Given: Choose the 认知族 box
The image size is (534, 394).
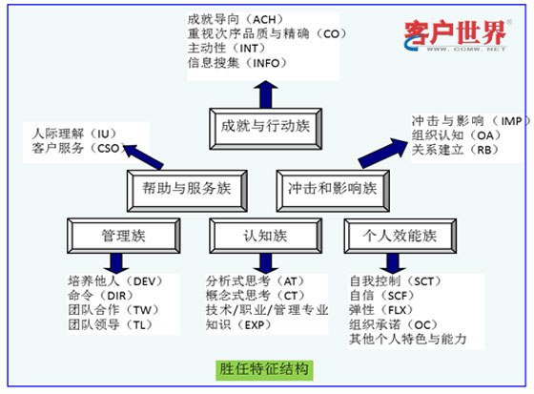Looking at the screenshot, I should pos(264,233).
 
